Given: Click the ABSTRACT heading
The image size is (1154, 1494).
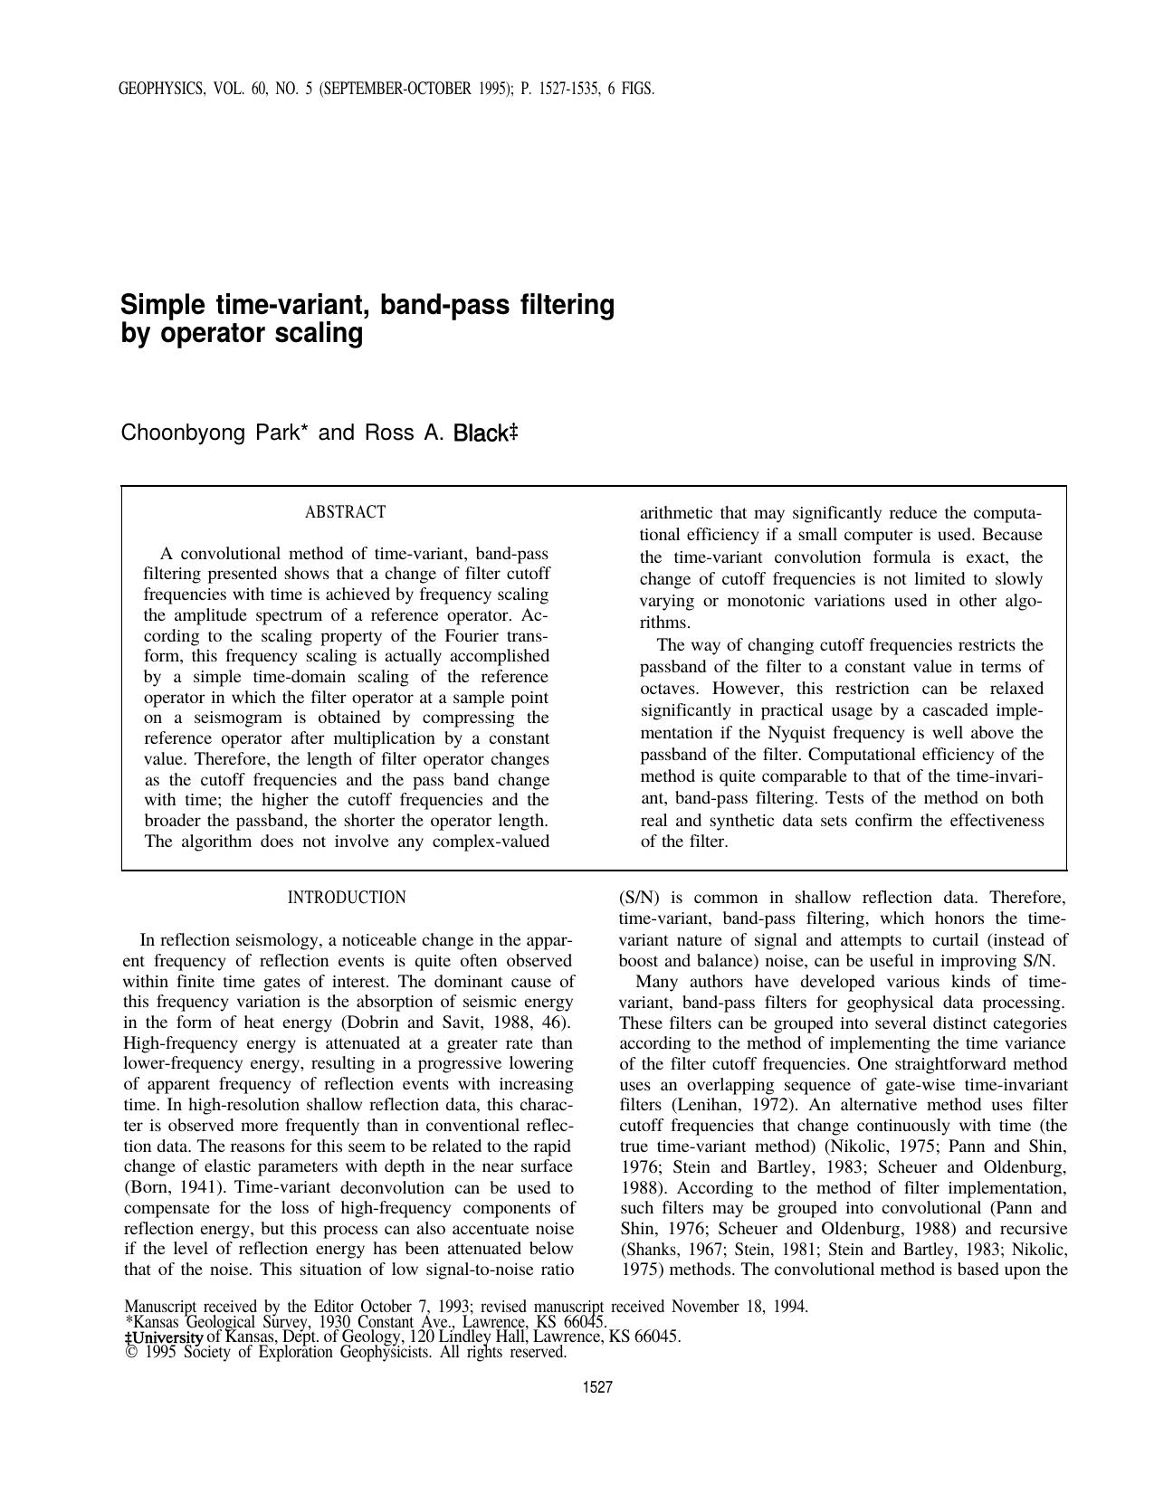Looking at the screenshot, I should coord(345,512).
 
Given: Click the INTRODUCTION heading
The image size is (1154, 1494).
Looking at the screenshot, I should coord(347,898).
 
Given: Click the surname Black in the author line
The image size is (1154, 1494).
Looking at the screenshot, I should coord(480,433).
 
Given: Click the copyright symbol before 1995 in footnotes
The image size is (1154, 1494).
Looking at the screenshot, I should coord(129,1352).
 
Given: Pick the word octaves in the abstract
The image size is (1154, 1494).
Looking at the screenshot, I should coord(667,690).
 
